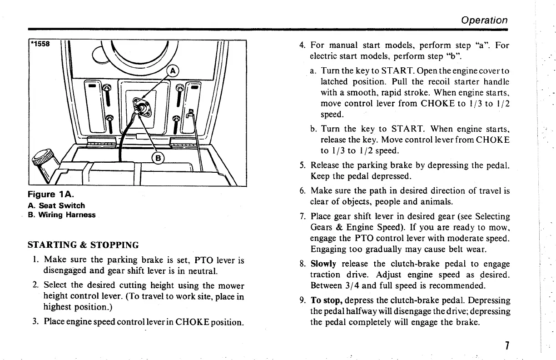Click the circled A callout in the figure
point(173,71)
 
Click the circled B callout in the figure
point(158,158)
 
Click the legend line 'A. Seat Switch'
point(56,205)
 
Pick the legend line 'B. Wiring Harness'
point(61,215)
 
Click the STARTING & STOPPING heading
point(83,245)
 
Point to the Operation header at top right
point(484,20)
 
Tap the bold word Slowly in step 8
point(323,264)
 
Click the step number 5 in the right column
point(302,165)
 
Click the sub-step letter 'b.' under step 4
point(314,129)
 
